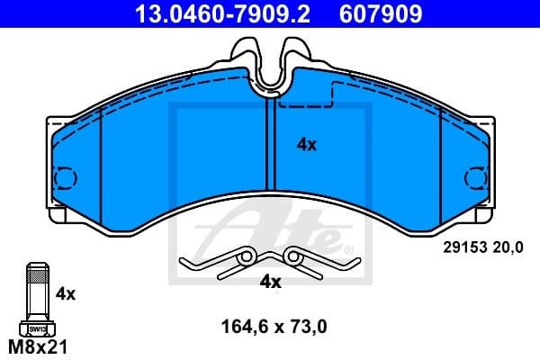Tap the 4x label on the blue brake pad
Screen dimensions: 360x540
coord(307,143)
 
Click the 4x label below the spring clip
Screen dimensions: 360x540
coord(270,282)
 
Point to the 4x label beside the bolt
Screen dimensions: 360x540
coord(65,293)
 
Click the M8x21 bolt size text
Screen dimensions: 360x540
coord(36,346)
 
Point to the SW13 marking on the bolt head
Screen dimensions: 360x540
coord(37,329)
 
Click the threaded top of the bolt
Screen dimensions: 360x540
coord(37,270)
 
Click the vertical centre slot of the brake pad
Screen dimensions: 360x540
coord(269,144)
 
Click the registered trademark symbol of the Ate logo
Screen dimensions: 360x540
coord(340,245)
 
